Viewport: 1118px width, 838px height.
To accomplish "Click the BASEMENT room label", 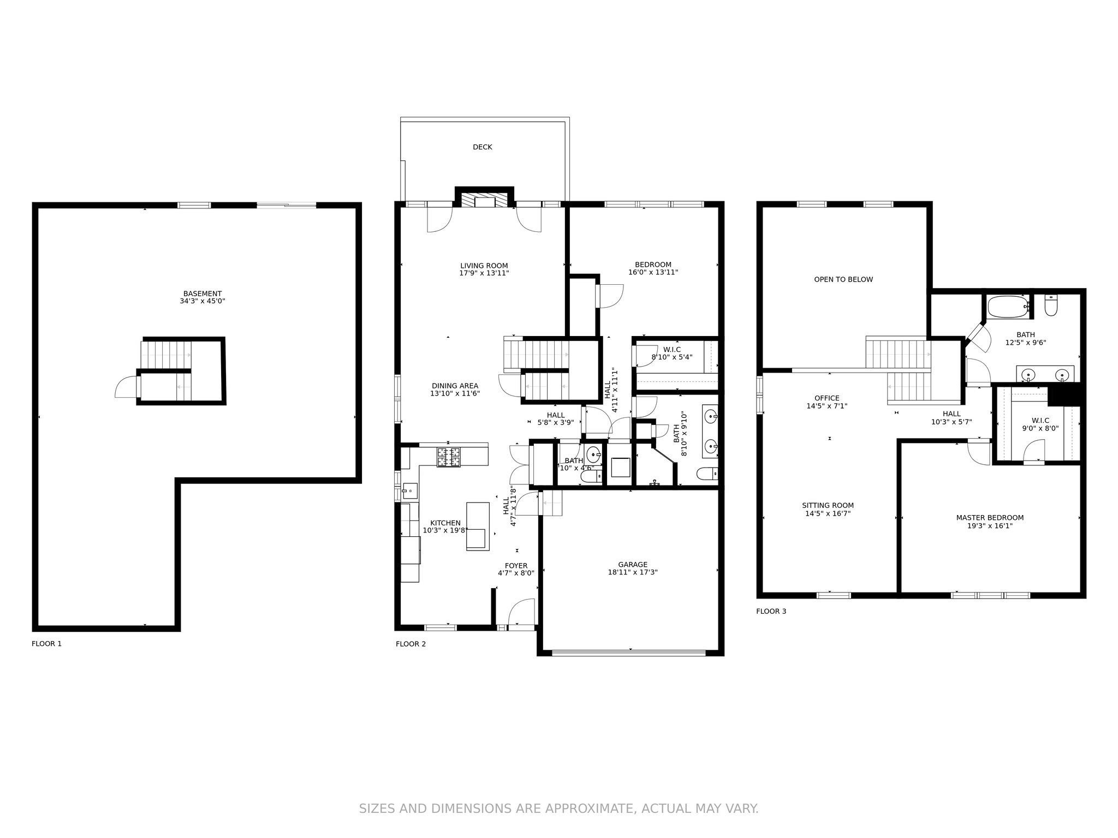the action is click(x=203, y=294).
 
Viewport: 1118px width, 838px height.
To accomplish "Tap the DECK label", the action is click(x=483, y=147).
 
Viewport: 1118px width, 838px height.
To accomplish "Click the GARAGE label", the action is click(x=633, y=565).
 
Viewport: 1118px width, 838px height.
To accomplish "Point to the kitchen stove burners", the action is click(x=448, y=457).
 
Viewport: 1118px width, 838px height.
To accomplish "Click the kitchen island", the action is click(x=478, y=526).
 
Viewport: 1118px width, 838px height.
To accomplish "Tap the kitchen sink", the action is click(x=409, y=491).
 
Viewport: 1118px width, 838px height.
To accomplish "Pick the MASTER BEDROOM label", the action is click(x=990, y=518).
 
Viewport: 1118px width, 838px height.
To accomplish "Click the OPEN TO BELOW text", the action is click(x=843, y=279).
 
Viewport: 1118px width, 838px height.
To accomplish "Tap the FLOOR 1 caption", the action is click(x=46, y=644).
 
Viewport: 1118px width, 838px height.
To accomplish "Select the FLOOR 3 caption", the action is click(x=771, y=611).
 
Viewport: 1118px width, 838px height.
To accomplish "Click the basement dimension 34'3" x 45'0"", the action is click(x=203, y=301).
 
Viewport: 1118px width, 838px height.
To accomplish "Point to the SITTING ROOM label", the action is click(x=828, y=506).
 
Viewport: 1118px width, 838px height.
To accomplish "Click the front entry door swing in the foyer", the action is click(x=521, y=613).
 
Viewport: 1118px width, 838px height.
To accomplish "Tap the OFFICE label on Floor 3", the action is click(x=826, y=398).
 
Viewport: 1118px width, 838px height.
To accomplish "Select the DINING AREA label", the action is click(x=455, y=386).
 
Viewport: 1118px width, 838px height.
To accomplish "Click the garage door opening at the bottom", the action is click(x=631, y=651).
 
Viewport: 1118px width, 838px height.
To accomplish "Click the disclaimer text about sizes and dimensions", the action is click(x=558, y=808).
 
